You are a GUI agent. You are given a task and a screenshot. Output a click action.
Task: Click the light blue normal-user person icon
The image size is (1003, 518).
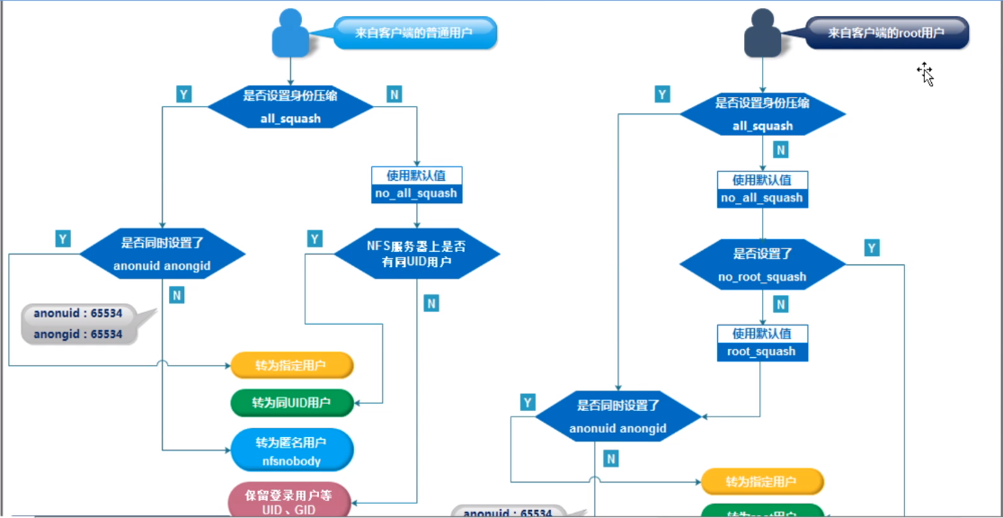(x=290, y=34)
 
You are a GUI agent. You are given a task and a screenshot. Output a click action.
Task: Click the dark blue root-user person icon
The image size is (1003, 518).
(x=763, y=34)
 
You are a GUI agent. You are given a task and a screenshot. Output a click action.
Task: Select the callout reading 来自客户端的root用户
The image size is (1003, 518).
(x=886, y=32)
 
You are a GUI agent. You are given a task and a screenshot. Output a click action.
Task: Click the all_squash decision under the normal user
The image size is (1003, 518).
(x=290, y=107)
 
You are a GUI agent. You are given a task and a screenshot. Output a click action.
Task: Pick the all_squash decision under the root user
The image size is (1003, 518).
(x=762, y=114)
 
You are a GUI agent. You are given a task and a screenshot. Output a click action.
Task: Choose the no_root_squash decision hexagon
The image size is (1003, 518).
(x=762, y=264)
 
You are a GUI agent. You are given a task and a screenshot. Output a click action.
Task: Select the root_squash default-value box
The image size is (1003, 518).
(x=762, y=343)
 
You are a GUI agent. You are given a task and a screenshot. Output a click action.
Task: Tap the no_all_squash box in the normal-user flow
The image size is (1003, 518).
(x=415, y=184)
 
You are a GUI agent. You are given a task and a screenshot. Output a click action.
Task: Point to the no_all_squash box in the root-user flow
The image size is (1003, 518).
(x=762, y=190)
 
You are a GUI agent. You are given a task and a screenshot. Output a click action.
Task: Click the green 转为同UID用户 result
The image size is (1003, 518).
(x=291, y=403)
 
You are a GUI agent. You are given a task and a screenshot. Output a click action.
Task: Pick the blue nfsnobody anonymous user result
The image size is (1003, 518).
(x=291, y=451)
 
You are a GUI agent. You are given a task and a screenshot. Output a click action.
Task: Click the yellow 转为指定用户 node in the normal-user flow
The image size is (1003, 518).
(x=291, y=365)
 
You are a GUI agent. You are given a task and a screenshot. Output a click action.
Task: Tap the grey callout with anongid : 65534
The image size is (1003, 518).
(x=79, y=324)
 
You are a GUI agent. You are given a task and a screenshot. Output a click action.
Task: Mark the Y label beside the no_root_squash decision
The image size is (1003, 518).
(x=872, y=248)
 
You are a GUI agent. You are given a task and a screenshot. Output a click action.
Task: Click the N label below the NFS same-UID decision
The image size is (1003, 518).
(x=431, y=303)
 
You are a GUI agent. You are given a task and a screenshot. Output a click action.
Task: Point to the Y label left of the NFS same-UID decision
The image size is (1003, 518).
(x=315, y=238)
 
